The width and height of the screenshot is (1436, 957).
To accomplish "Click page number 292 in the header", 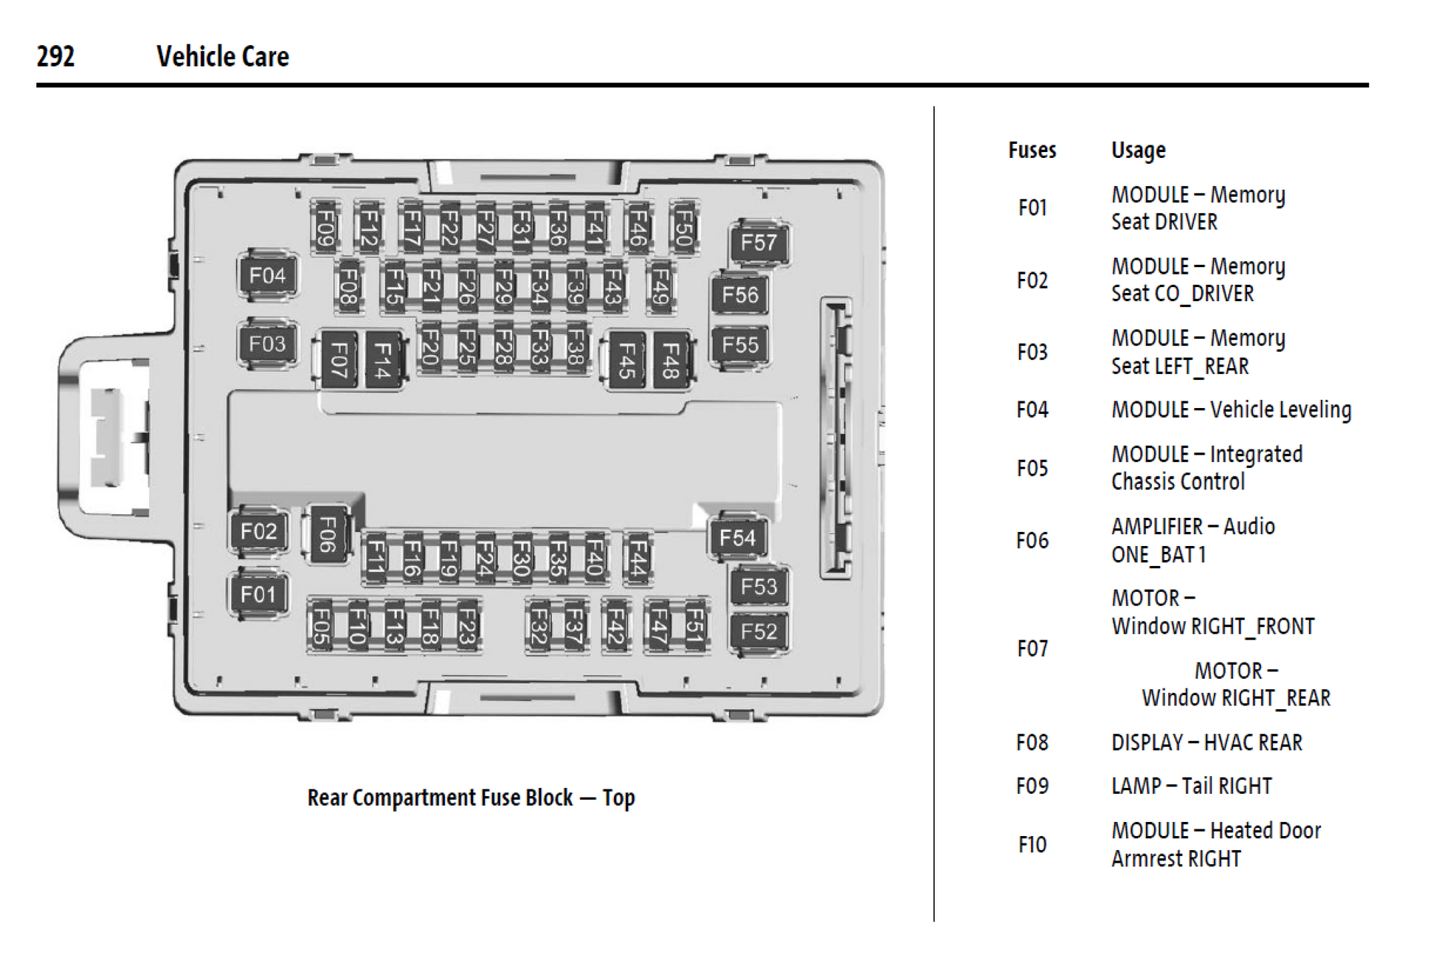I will (55, 56).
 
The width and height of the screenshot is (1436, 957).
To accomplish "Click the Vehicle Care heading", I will (222, 56).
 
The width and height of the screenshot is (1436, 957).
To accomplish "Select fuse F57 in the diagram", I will (759, 243).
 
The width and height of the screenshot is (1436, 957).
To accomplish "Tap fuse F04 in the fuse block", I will (267, 276).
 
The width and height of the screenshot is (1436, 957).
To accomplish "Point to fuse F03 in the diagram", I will (267, 344).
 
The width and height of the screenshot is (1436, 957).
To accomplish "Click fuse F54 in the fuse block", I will (737, 537).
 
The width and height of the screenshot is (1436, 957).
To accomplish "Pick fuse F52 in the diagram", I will (759, 632).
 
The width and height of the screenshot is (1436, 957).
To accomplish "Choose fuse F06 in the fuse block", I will (327, 534).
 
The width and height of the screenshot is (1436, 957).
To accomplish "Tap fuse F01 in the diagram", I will (258, 594).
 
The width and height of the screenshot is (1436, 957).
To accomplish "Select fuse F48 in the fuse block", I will (671, 361).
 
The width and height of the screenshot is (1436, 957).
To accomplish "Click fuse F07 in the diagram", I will (339, 361).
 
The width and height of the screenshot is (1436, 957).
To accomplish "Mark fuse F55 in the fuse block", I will (739, 345).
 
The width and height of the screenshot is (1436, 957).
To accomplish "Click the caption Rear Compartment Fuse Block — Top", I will (471, 798).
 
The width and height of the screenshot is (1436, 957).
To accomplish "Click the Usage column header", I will (1138, 151).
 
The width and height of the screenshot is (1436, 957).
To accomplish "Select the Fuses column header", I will (1032, 151).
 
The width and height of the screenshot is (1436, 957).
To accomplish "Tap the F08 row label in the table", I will (1032, 742).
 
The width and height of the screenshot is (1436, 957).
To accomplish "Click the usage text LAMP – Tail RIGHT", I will (1191, 786).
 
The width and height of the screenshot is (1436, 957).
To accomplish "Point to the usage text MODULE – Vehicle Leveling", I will (1231, 410).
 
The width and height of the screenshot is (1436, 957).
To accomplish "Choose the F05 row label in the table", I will (1032, 469).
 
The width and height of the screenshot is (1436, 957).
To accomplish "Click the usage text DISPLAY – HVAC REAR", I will (1207, 742).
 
